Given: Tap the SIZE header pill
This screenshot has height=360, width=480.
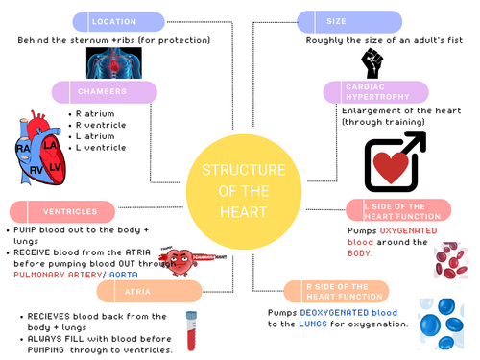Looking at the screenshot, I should tap(348, 21).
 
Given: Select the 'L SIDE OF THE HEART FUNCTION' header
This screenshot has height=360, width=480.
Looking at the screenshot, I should tap(397, 210).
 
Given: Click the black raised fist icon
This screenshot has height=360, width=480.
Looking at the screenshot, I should tap(372, 63).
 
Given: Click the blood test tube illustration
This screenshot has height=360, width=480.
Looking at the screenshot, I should tap(190, 328).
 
